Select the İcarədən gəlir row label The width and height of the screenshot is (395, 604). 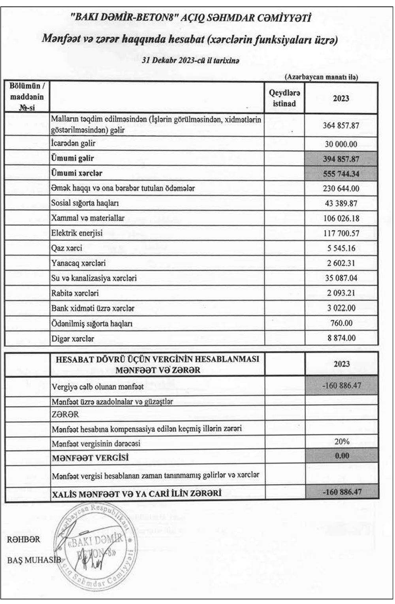(73, 144)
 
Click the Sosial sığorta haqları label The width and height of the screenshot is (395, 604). (85, 203)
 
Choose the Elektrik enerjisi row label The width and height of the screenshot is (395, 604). (77, 233)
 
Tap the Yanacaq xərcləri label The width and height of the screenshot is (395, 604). (78, 263)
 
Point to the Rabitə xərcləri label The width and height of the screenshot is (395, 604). (75, 293)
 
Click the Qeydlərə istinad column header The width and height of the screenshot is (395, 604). (284, 98)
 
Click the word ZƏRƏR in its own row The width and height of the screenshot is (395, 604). (65, 414)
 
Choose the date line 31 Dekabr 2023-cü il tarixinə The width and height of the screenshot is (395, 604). (190, 61)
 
